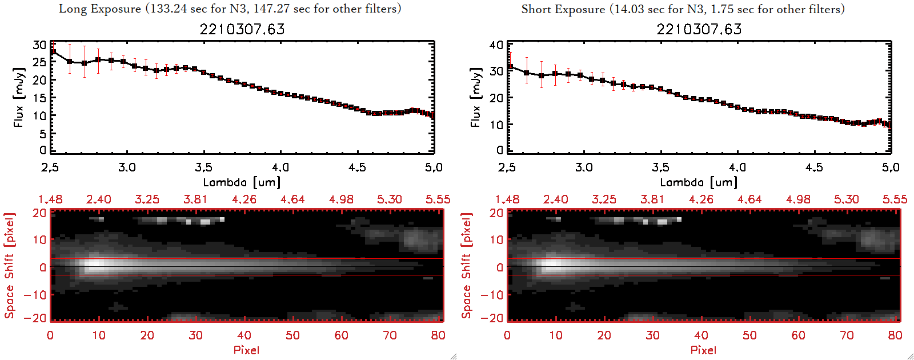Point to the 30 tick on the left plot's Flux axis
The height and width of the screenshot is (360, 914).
click(39, 45)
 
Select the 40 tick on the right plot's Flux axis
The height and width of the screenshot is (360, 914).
click(496, 45)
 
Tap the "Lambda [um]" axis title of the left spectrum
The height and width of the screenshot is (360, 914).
click(242, 182)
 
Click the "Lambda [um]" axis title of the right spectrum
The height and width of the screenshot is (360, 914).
click(699, 182)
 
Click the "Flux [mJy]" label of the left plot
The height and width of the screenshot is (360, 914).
click(19, 97)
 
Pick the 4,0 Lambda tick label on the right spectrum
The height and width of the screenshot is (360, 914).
click(737, 167)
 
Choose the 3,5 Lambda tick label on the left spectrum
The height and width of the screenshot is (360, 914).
click(203, 167)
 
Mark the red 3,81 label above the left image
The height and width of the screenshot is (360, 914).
click(195, 199)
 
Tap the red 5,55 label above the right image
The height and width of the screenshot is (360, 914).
click(895, 199)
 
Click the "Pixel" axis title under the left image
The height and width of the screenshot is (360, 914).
click(246, 350)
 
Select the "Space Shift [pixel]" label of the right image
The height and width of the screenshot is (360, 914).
click(467, 266)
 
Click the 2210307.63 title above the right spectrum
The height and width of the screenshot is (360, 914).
click(699, 29)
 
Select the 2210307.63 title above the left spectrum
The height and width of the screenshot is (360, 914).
click(242, 29)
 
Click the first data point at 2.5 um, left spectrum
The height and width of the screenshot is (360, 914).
click(53, 52)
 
